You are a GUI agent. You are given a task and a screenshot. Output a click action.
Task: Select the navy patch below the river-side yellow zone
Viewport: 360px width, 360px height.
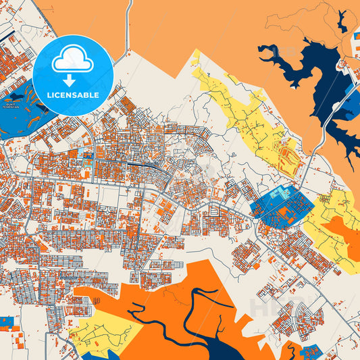pos(95,355)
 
